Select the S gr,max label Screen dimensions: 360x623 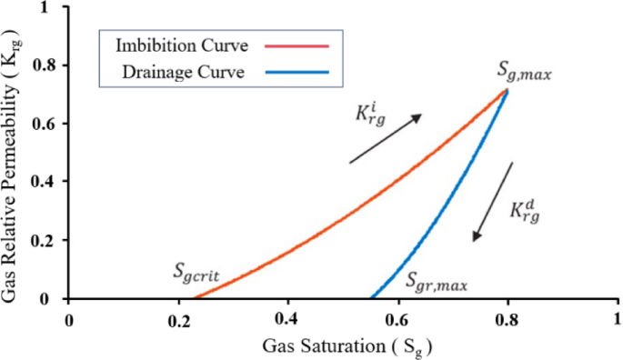pyautogui.click(x=437, y=284)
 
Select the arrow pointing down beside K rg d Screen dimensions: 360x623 pyautogui.click(x=493, y=202)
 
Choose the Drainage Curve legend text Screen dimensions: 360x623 pyautogui.click(x=183, y=74)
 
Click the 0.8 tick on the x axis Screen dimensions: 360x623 pyautogui.click(x=507, y=320)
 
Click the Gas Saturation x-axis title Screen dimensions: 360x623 pyautogui.click(x=347, y=346)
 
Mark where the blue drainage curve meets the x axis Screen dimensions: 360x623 pyautogui.click(x=370, y=298)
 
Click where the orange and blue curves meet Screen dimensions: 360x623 pyautogui.click(x=507, y=89)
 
